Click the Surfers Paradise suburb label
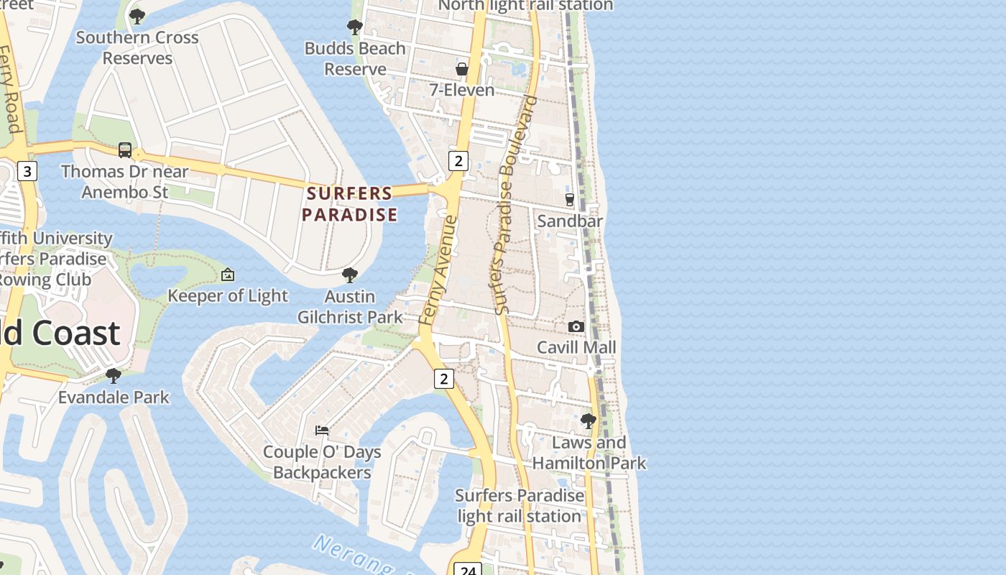click(349, 204)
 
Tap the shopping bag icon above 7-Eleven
click(462, 69)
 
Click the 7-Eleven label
click(462, 90)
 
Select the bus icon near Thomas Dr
click(125, 150)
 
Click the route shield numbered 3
click(27, 171)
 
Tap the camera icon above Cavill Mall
click(576, 327)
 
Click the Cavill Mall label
click(577, 348)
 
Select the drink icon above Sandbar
click(570, 199)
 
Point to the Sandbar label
click(570, 221)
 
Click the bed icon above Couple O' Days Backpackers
click(322, 431)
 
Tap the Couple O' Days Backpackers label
click(322, 462)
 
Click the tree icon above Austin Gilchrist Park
click(350, 275)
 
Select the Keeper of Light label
click(228, 295)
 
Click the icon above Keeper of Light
click(228, 275)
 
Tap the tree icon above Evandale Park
click(114, 375)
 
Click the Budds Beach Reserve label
click(355, 59)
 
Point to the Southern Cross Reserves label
click(137, 47)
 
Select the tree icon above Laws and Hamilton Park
click(589, 421)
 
